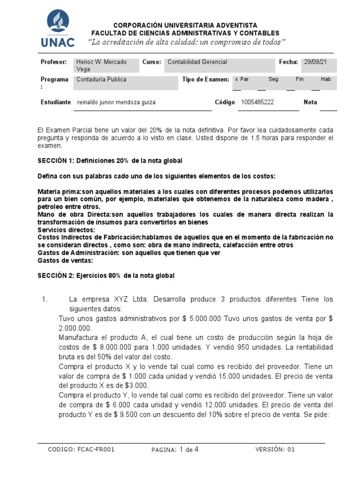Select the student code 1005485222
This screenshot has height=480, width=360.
coord(257,102)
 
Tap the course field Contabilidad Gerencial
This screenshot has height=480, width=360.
coord(197,62)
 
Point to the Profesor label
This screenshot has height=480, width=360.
coord(54,62)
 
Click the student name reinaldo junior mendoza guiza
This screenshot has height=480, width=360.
coord(116,102)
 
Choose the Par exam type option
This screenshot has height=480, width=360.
coord(242,80)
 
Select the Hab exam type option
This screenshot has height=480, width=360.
coord(326,80)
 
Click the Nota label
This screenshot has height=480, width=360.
coord(310,102)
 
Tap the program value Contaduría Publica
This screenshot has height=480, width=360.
coord(102,80)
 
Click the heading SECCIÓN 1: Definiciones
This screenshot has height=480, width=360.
coord(110,161)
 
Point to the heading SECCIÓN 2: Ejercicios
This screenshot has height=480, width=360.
coord(106,276)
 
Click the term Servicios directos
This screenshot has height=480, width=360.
coord(66,230)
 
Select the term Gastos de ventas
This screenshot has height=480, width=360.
coord(65,261)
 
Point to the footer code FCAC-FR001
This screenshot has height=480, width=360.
coord(82,449)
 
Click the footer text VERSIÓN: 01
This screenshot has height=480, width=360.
coord(275,449)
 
